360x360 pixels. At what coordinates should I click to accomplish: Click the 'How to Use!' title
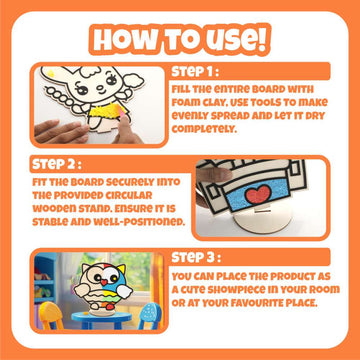[180, 39]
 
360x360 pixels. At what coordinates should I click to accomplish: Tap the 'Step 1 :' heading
[196, 72]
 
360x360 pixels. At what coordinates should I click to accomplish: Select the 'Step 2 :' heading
[57, 164]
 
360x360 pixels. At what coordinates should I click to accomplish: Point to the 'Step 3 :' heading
[196, 257]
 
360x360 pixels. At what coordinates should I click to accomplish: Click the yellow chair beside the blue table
[50, 315]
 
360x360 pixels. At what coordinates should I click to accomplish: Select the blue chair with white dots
[150, 316]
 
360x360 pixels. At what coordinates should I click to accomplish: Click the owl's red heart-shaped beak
[104, 282]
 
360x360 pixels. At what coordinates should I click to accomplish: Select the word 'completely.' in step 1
[204, 129]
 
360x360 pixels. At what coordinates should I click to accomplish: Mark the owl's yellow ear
[120, 268]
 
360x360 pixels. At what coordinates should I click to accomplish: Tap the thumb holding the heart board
[213, 174]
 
